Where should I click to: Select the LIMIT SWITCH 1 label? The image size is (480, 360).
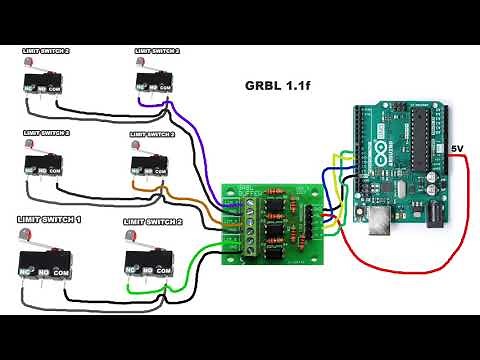pos(49,219)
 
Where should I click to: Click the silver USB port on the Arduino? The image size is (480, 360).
pos(381,226)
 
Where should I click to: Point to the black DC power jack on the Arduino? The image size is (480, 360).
pos(437,212)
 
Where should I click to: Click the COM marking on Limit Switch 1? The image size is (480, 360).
pos(62,272)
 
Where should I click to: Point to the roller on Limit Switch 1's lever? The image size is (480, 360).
pos(22,235)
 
